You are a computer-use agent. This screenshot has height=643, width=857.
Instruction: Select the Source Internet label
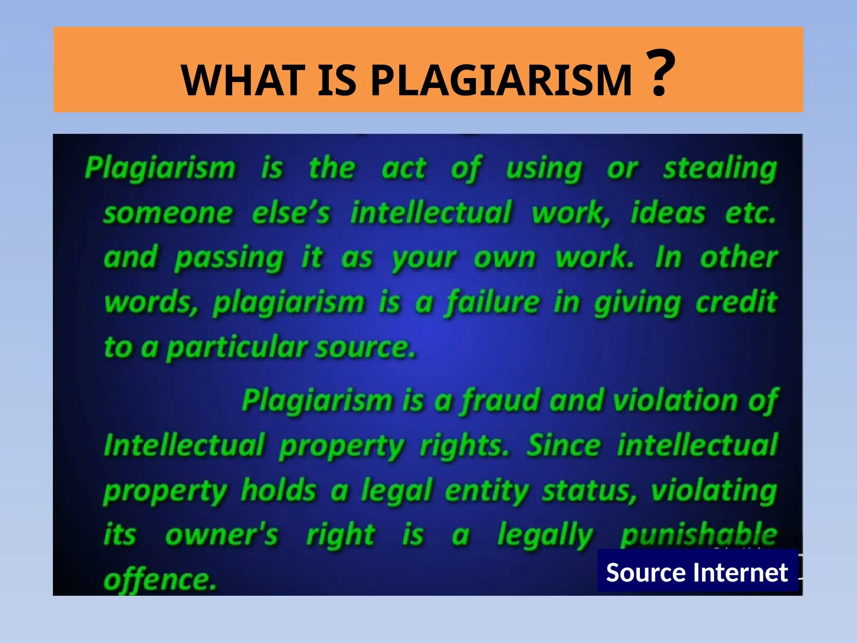point(697,572)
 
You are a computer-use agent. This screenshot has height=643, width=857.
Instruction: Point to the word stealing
point(720,169)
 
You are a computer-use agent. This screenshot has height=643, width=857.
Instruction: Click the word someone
point(168,213)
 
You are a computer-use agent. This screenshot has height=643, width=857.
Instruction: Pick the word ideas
point(668,213)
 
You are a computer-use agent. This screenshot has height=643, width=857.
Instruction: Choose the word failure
point(493,302)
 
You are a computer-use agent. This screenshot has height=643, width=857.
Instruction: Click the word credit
point(736,302)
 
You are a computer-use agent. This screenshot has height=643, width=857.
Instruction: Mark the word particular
point(237,348)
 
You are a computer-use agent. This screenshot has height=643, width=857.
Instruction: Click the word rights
point(464,446)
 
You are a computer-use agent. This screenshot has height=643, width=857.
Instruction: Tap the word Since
point(564,446)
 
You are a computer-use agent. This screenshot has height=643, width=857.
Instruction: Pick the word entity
point(488,491)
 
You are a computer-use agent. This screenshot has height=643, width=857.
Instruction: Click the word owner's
point(221,535)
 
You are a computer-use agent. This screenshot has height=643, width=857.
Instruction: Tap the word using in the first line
point(544,169)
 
